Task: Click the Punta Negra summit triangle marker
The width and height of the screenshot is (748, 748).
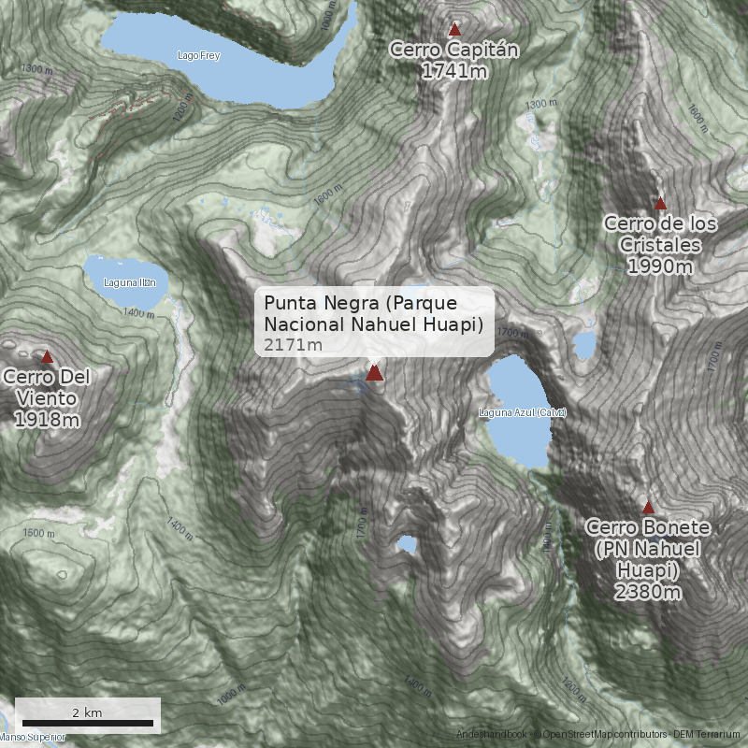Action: (x=374, y=373)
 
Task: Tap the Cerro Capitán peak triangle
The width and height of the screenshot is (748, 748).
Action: (x=455, y=29)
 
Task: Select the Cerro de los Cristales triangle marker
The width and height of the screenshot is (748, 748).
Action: (x=660, y=203)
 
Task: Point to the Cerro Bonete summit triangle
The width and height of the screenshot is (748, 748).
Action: (x=649, y=508)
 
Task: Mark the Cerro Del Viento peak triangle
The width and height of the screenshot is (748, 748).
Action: (x=48, y=356)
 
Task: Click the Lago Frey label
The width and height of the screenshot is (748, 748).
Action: (x=198, y=56)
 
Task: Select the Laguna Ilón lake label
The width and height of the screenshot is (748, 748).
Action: (x=130, y=282)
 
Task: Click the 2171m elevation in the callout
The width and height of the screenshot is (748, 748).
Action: (x=293, y=345)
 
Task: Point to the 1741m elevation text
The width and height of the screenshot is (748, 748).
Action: (x=454, y=71)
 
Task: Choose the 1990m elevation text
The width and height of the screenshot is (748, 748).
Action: (x=660, y=266)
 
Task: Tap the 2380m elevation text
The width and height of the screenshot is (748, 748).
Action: (x=647, y=592)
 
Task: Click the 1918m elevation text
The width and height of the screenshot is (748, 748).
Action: (x=47, y=420)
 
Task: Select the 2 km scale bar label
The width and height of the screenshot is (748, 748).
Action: (x=87, y=712)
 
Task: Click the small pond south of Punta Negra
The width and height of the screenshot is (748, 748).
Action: (x=407, y=543)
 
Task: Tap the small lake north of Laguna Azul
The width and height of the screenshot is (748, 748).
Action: (x=584, y=346)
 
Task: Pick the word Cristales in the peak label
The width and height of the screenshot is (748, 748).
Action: (x=660, y=245)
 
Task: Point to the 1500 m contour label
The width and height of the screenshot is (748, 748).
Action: (x=38, y=533)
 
